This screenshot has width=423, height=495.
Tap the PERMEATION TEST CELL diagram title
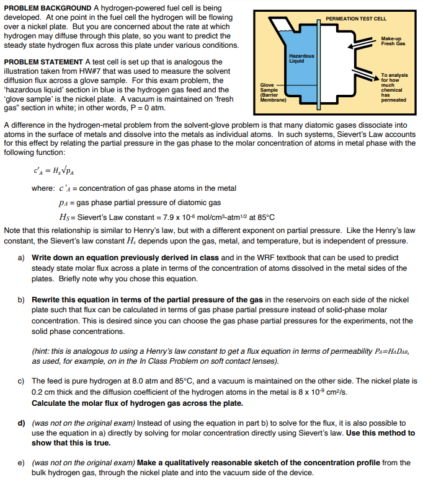(x=355, y=19)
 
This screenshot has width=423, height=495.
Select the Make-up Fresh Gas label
(x=393, y=41)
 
